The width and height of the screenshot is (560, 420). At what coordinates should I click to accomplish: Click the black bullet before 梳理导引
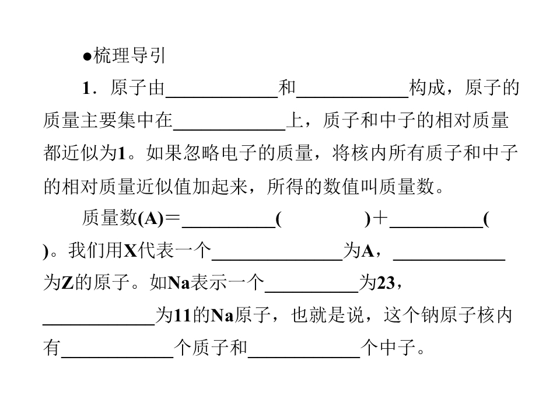coord(87,57)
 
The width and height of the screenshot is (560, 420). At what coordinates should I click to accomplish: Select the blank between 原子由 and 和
coord(222,91)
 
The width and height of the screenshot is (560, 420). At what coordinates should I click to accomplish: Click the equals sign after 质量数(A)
coord(173,219)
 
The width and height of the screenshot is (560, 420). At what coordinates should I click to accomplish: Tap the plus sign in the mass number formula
coord(380,219)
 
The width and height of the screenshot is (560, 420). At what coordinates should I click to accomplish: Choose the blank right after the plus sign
coord(436,220)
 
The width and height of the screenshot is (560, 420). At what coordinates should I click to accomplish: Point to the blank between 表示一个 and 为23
coord(311,285)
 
